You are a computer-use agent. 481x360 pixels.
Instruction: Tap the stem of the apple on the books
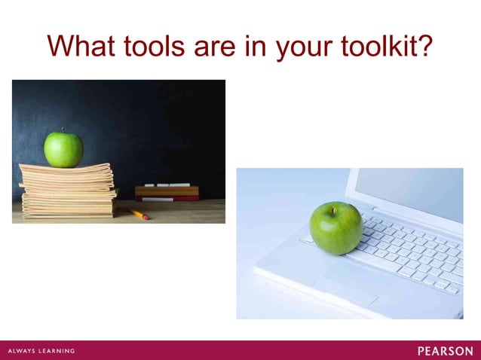click(x=63, y=131)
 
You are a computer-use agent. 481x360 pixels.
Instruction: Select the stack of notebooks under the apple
click(x=68, y=192)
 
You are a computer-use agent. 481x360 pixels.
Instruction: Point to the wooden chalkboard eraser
click(x=167, y=193)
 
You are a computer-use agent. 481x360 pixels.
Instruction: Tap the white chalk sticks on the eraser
click(x=167, y=185)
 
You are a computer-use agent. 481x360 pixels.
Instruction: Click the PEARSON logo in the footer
click(x=445, y=351)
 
